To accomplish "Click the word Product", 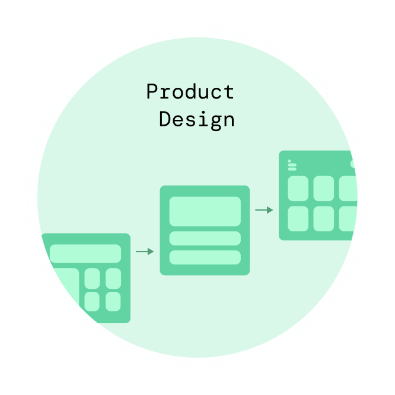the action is pos(190,93).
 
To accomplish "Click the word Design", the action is pos(196,119).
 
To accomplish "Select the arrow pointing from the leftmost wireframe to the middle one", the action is pos(145,251).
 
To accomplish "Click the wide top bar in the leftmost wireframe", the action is pos(85,253).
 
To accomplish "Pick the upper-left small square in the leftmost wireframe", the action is pos(92,278).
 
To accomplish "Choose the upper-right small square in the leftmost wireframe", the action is pos(113,278).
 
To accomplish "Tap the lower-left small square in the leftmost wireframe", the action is pos(92,301).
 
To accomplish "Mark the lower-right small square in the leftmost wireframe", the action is pos(113,301).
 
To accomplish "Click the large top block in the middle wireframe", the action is pos(205,211).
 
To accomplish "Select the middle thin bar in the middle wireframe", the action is pos(205,238).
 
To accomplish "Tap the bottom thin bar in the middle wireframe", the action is pos(205,257).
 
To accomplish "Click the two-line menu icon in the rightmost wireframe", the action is pos(292,165).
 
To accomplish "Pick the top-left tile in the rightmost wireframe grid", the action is pos(298,188).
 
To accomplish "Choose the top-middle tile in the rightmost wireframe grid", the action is pos(324,188).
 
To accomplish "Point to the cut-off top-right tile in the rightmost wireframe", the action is pos(348,188).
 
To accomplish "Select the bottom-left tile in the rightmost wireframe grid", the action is pos(298,218).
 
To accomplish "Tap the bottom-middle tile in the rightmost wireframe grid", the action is pos(324,218).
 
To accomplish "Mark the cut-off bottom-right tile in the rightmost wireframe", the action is pos(347,218).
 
